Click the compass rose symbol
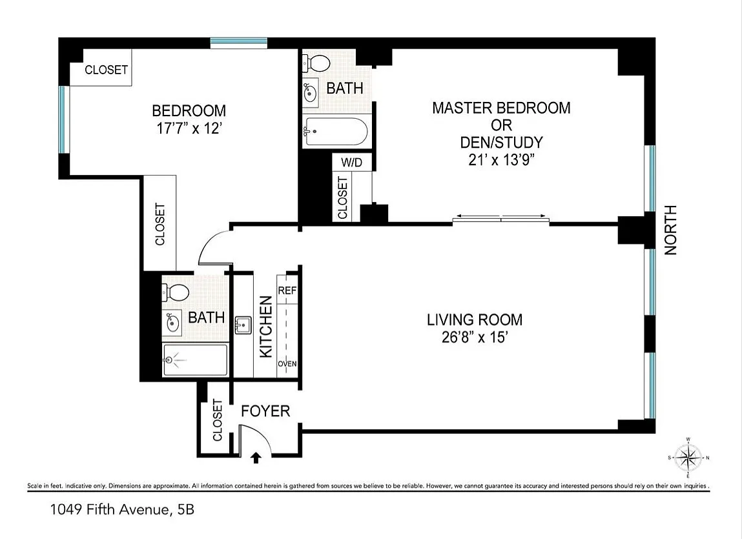688,458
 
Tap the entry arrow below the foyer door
256,458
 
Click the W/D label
351,162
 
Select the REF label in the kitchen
287,290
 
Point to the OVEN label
287,363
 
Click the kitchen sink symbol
243,325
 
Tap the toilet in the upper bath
316,63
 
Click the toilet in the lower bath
176,292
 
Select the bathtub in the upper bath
335,131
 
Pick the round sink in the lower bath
172,323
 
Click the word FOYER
265,411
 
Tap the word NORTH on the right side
671,230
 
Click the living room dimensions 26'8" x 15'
475,337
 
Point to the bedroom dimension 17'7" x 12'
189,128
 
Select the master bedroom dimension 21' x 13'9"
502,159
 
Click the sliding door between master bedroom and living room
500,218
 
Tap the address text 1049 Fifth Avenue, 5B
122,510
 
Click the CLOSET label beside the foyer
217,420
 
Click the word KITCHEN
266,327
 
